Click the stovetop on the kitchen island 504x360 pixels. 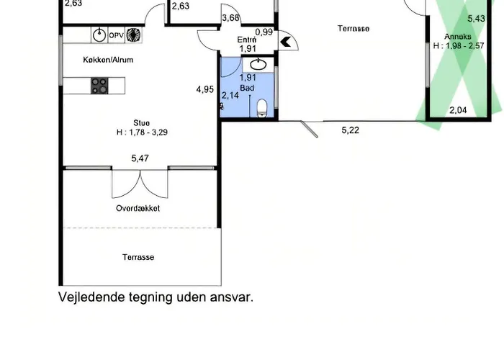point(99,86)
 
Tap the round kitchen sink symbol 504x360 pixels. point(99,35)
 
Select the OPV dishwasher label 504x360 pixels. point(116,35)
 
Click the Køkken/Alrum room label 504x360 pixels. point(108,60)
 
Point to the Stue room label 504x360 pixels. point(141,123)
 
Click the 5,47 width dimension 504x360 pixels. point(140,158)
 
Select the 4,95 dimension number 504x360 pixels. point(205,89)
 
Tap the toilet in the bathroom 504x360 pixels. point(262,108)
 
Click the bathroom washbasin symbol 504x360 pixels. point(258,65)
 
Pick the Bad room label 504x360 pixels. point(247,88)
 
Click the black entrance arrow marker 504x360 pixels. point(285,42)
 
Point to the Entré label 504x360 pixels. point(247,40)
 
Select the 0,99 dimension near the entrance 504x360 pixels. point(264,32)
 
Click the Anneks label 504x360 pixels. point(458,37)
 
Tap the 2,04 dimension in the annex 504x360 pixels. point(458,110)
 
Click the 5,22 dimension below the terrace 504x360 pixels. point(351,130)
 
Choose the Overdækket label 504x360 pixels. point(138,208)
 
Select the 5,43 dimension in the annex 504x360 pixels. point(476,19)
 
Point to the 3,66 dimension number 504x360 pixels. point(231,18)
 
